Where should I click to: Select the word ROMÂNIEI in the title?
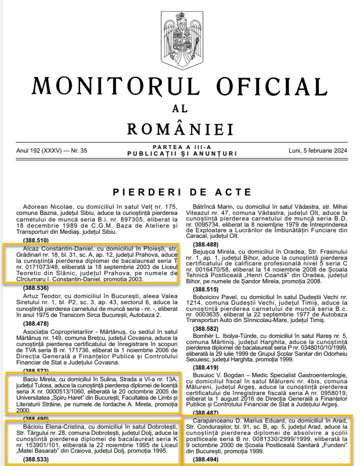point(180,130)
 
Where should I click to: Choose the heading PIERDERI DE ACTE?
point(179,192)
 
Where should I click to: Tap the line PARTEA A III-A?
point(179,148)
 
